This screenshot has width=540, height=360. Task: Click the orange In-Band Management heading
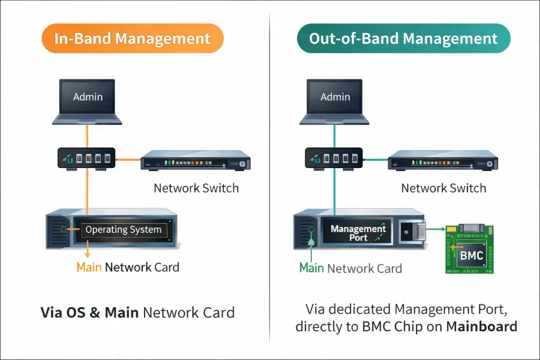133,40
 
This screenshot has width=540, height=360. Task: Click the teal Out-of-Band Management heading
403,40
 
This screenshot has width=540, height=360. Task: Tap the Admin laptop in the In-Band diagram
88,98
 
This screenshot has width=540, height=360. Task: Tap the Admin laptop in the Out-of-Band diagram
335,98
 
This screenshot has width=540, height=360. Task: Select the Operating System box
124,229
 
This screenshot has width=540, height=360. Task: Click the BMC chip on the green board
471,255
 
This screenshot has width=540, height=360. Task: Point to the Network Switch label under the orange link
196,188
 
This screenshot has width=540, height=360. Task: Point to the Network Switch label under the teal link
443,188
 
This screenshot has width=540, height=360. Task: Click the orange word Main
89,267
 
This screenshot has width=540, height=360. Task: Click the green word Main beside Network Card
311,268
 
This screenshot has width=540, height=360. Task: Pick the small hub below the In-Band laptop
88,159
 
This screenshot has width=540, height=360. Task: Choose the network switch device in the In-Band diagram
196,163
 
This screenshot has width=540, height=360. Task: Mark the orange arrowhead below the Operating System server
88,254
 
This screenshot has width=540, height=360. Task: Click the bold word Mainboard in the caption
482,326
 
